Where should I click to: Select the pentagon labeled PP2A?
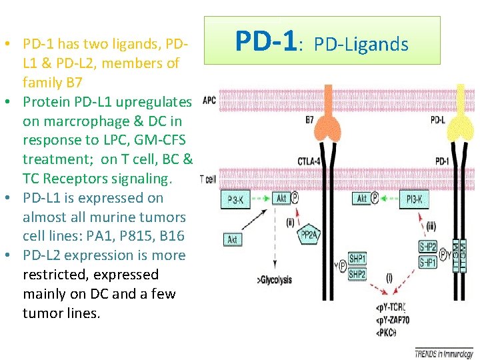point(308,234)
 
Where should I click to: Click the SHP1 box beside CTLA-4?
point(357,259)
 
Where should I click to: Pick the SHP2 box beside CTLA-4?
point(357,274)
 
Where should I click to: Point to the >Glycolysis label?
point(273,280)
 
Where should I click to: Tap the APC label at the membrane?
point(209,100)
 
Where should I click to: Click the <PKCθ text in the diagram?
point(387,332)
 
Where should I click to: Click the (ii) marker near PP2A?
point(290,222)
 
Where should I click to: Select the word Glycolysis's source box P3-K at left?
point(235,199)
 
